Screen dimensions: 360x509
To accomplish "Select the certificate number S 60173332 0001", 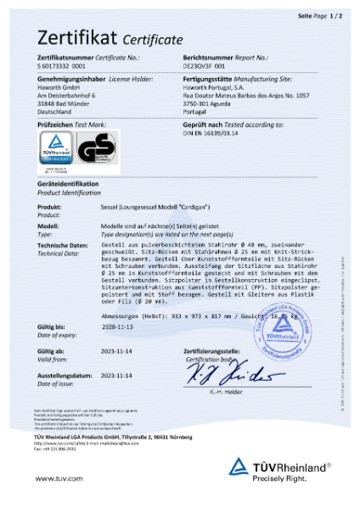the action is [61, 64].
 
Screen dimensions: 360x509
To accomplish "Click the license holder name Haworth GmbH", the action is [56, 85].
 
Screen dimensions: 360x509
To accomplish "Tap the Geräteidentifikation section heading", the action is [68, 184].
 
